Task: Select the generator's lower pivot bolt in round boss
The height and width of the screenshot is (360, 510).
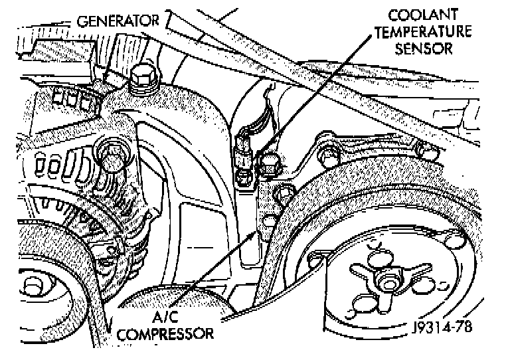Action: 109,155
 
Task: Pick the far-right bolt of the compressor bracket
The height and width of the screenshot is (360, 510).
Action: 424,150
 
